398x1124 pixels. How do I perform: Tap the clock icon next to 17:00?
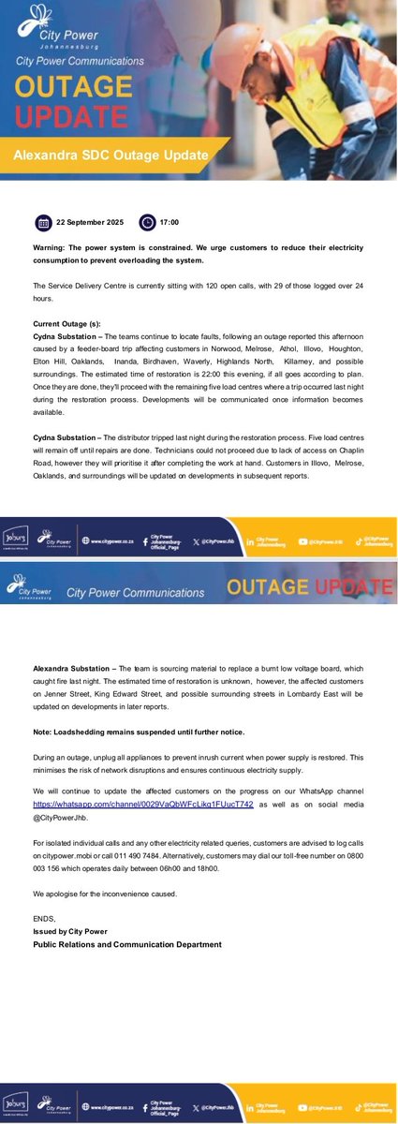147,222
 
